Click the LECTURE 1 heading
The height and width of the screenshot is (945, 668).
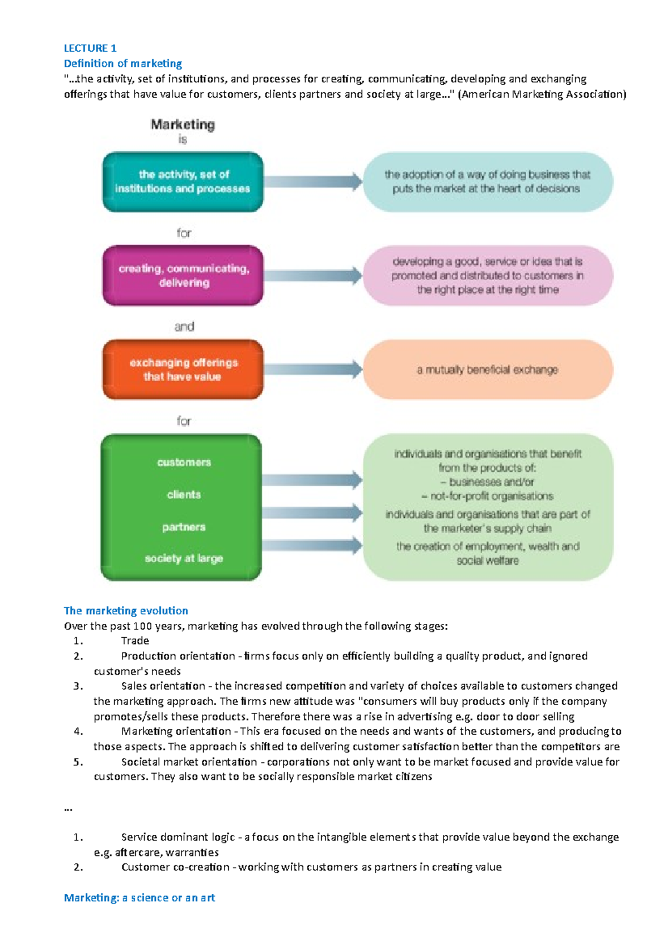click(90, 48)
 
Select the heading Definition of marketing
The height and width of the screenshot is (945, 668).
click(123, 63)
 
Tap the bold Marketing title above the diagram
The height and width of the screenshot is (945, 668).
click(183, 125)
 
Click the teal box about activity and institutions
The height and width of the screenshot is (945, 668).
click(183, 182)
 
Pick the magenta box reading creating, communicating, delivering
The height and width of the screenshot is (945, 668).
click(183, 275)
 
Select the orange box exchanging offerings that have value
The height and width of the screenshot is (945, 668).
click(183, 370)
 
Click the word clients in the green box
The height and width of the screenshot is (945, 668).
click(184, 495)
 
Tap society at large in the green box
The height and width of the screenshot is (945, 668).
click(184, 558)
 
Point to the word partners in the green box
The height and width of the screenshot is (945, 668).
click(184, 527)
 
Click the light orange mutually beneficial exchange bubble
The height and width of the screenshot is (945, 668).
click(488, 370)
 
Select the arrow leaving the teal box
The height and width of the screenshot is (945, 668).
click(313, 181)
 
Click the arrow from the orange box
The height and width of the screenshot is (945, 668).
click(313, 369)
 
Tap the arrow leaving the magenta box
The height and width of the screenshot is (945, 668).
click(313, 275)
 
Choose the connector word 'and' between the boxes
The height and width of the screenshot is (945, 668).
click(184, 327)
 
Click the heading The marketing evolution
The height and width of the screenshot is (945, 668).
click(126, 611)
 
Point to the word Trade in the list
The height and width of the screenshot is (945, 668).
click(135, 641)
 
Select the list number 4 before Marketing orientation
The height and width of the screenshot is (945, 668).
click(78, 731)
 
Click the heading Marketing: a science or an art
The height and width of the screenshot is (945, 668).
click(139, 898)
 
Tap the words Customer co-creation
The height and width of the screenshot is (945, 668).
click(175, 867)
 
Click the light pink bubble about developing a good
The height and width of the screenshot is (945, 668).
click(488, 275)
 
